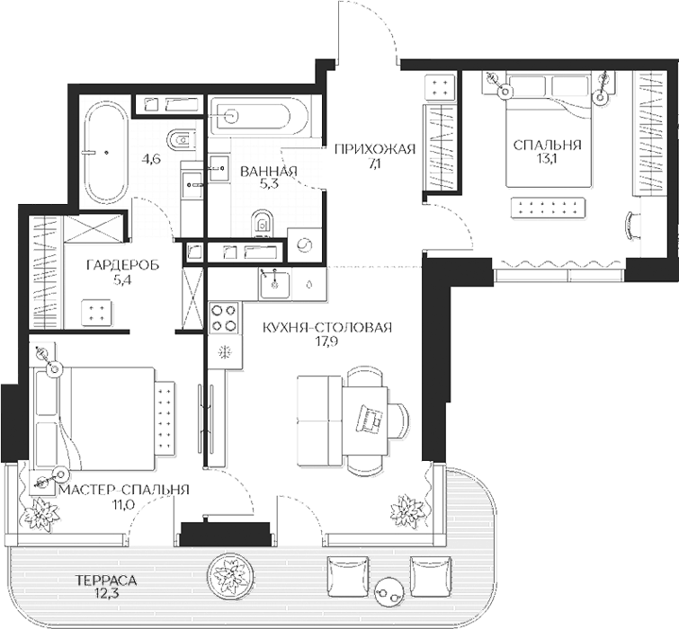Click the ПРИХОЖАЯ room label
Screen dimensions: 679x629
[x=375, y=150]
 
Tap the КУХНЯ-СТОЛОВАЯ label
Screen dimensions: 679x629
[x=327, y=327]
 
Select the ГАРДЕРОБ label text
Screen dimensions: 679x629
[x=122, y=265]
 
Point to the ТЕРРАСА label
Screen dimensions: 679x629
[x=105, y=580]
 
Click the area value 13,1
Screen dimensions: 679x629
[x=547, y=159]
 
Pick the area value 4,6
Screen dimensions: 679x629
[x=152, y=159]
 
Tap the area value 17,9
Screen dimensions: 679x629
[x=327, y=341]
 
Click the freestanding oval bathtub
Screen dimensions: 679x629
[x=106, y=153]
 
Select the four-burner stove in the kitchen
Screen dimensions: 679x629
[x=224, y=318]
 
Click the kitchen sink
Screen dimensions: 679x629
[x=274, y=283]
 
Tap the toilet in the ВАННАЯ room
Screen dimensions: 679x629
[x=262, y=223]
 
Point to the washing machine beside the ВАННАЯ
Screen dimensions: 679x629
[x=304, y=244]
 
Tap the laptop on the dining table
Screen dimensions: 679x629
[x=370, y=419]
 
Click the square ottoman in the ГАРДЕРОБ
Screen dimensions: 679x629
[x=97, y=313]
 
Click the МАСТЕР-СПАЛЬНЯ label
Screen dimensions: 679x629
[x=124, y=490]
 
